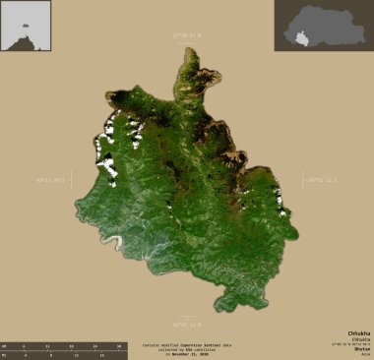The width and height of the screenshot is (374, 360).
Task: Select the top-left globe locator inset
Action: [x=26, y=25]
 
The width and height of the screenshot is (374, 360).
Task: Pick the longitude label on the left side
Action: [x=55, y=179]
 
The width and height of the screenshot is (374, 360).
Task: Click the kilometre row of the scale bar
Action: [x=63, y=346]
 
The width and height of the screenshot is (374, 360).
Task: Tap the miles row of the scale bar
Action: [x=63, y=355]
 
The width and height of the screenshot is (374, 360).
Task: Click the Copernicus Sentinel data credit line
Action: [x=186, y=345]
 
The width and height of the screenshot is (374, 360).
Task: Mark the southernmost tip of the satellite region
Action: [x=229, y=307]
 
